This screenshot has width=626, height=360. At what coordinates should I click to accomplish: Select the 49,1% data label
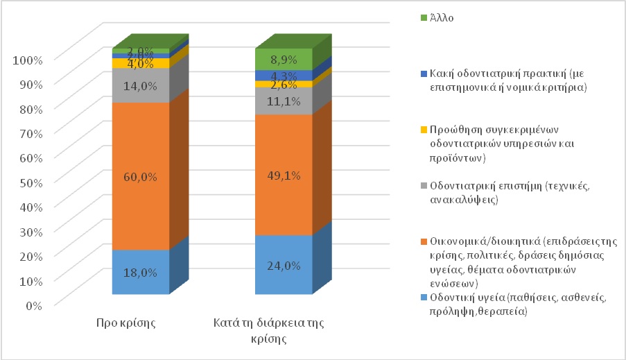[x=284, y=176]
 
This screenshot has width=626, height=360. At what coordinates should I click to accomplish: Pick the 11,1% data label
[x=284, y=102]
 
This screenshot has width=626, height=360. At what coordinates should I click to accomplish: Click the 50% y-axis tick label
[x=28, y=181]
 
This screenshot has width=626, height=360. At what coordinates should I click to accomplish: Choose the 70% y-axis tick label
[x=28, y=132]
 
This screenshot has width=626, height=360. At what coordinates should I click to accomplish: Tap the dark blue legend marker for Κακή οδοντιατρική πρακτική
[x=424, y=71]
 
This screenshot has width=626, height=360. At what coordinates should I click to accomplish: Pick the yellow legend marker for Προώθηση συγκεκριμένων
[x=424, y=130]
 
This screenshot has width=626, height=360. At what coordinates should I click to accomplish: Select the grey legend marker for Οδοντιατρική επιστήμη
[x=424, y=186]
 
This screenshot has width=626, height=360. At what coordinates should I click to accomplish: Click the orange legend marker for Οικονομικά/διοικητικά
[x=424, y=241]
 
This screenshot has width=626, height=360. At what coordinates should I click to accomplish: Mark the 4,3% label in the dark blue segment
[x=284, y=75]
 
